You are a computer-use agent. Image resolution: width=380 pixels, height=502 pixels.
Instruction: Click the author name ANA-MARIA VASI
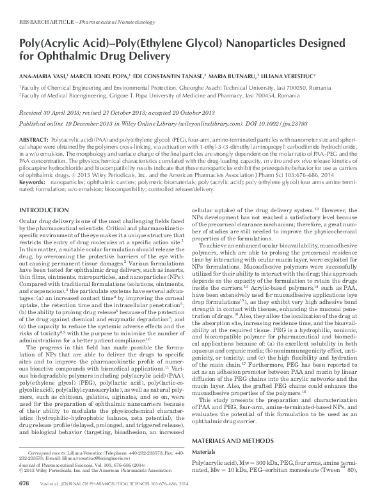43,74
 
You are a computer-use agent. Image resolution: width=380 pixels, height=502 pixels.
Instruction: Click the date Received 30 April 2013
51,110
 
